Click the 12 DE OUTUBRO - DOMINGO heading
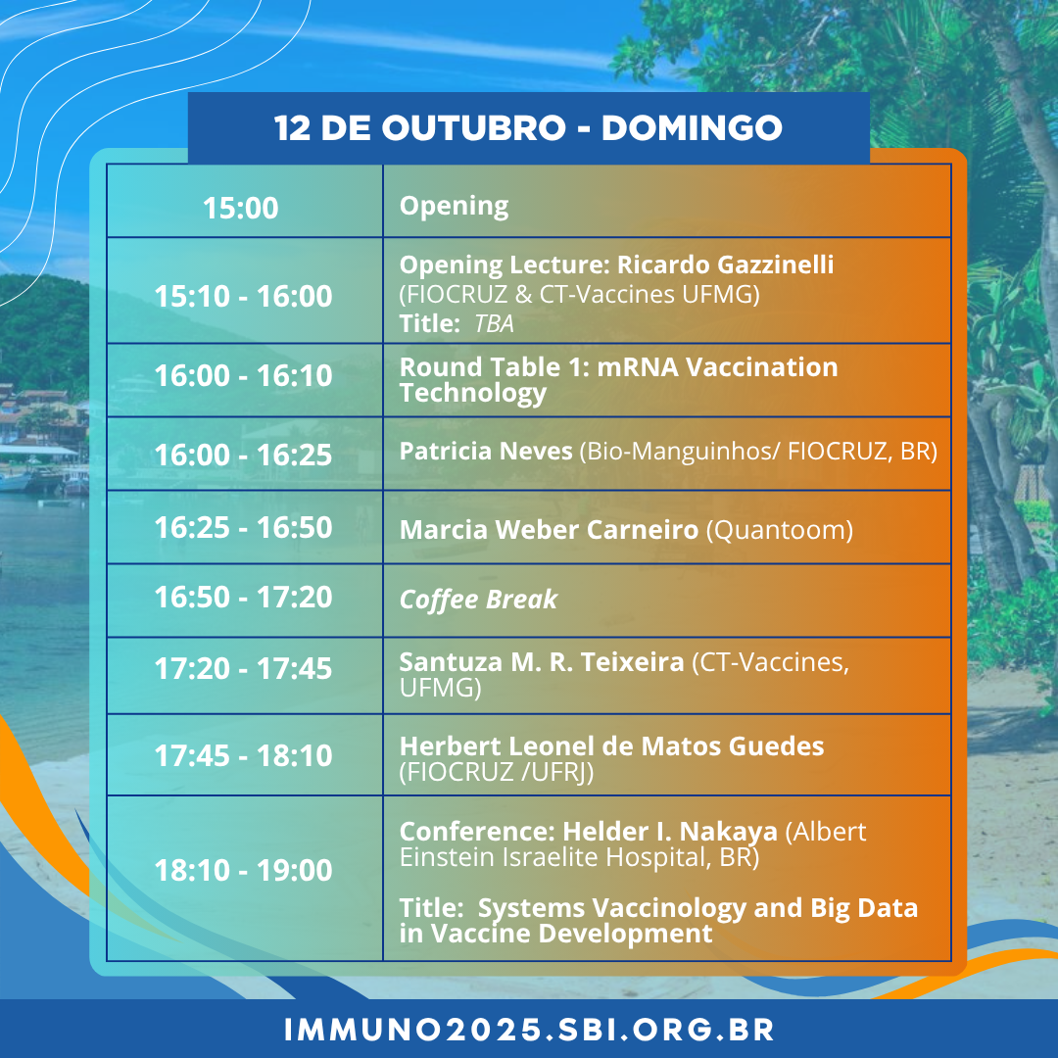click(528, 127)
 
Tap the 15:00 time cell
click(241, 208)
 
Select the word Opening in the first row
click(454, 207)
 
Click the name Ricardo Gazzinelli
click(725, 264)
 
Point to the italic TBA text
click(494, 324)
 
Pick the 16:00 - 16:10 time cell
click(244, 376)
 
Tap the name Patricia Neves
click(486, 451)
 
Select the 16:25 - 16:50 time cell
click(244, 528)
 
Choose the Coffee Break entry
click(478, 600)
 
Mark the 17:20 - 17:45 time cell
click(244, 669)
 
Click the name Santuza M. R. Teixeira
click(542, 662)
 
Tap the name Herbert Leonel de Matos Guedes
click(612, 746)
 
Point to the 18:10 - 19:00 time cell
click(244, 871)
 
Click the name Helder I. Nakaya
click(670, 832)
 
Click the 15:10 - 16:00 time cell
click(244, 296)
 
